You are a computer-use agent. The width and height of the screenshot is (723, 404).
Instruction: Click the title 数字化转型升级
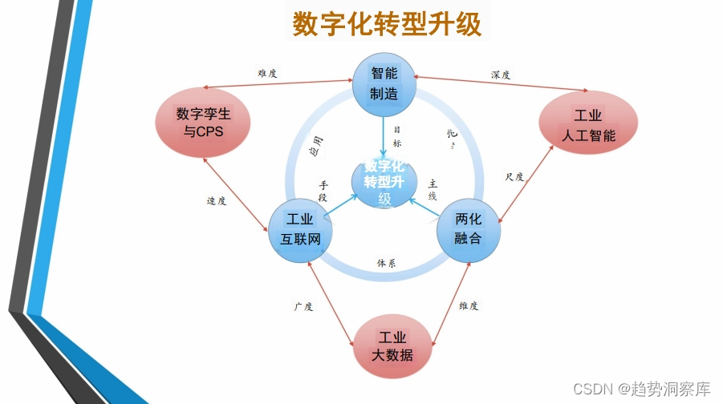click(387, 24)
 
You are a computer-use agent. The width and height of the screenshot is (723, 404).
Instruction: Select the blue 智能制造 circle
click(384, 83)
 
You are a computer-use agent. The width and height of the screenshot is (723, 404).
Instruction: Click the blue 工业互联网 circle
click(299, 230)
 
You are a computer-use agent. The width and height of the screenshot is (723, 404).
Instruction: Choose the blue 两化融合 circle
click(469, 228)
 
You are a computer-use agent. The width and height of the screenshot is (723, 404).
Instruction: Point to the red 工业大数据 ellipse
click(392, 345)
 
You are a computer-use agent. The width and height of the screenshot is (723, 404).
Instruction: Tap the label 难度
click(267, 74)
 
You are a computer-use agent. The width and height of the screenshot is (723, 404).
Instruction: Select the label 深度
click(501, 75)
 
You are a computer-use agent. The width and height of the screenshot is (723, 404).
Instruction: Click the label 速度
click(217, 201)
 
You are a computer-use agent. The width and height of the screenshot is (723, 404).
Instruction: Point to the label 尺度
click(514, 177)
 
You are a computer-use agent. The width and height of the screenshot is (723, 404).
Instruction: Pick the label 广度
click(303, 306)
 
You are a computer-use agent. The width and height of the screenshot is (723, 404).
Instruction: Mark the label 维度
click(469, 305)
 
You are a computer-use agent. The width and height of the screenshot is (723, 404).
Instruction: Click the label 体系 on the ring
click(386, 262)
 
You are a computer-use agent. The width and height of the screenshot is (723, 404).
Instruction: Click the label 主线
click(433, 189)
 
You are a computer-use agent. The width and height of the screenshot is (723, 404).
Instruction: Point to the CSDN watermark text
click(641, 389)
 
